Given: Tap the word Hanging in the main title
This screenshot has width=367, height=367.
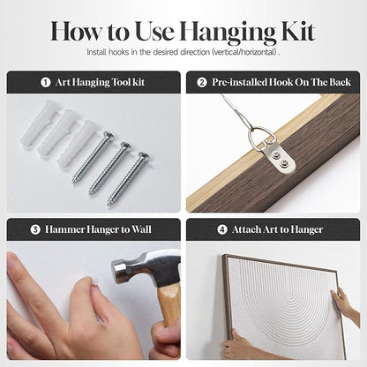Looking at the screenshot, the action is coord(228,33).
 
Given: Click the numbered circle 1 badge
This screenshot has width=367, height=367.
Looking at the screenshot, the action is coord(46,82).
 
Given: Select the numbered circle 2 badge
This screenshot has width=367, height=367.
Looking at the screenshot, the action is coord(202,82).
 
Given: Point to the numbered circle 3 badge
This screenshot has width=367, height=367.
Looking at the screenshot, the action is coord(35,229).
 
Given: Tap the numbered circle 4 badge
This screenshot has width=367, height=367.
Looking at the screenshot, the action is coord(222,229).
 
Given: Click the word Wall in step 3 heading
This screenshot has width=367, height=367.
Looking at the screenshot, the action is coord(141,229).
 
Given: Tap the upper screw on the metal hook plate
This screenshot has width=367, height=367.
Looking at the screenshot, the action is coord(276,154).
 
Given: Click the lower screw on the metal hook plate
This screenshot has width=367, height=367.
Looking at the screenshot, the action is coord(284,162).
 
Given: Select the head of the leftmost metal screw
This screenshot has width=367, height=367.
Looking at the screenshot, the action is coord(109,136).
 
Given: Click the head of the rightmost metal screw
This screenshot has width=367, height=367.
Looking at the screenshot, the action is coord(144,156).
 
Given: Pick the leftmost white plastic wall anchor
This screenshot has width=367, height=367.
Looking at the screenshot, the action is coord(40,123).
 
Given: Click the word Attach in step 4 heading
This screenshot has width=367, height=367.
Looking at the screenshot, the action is coord(246,229).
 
